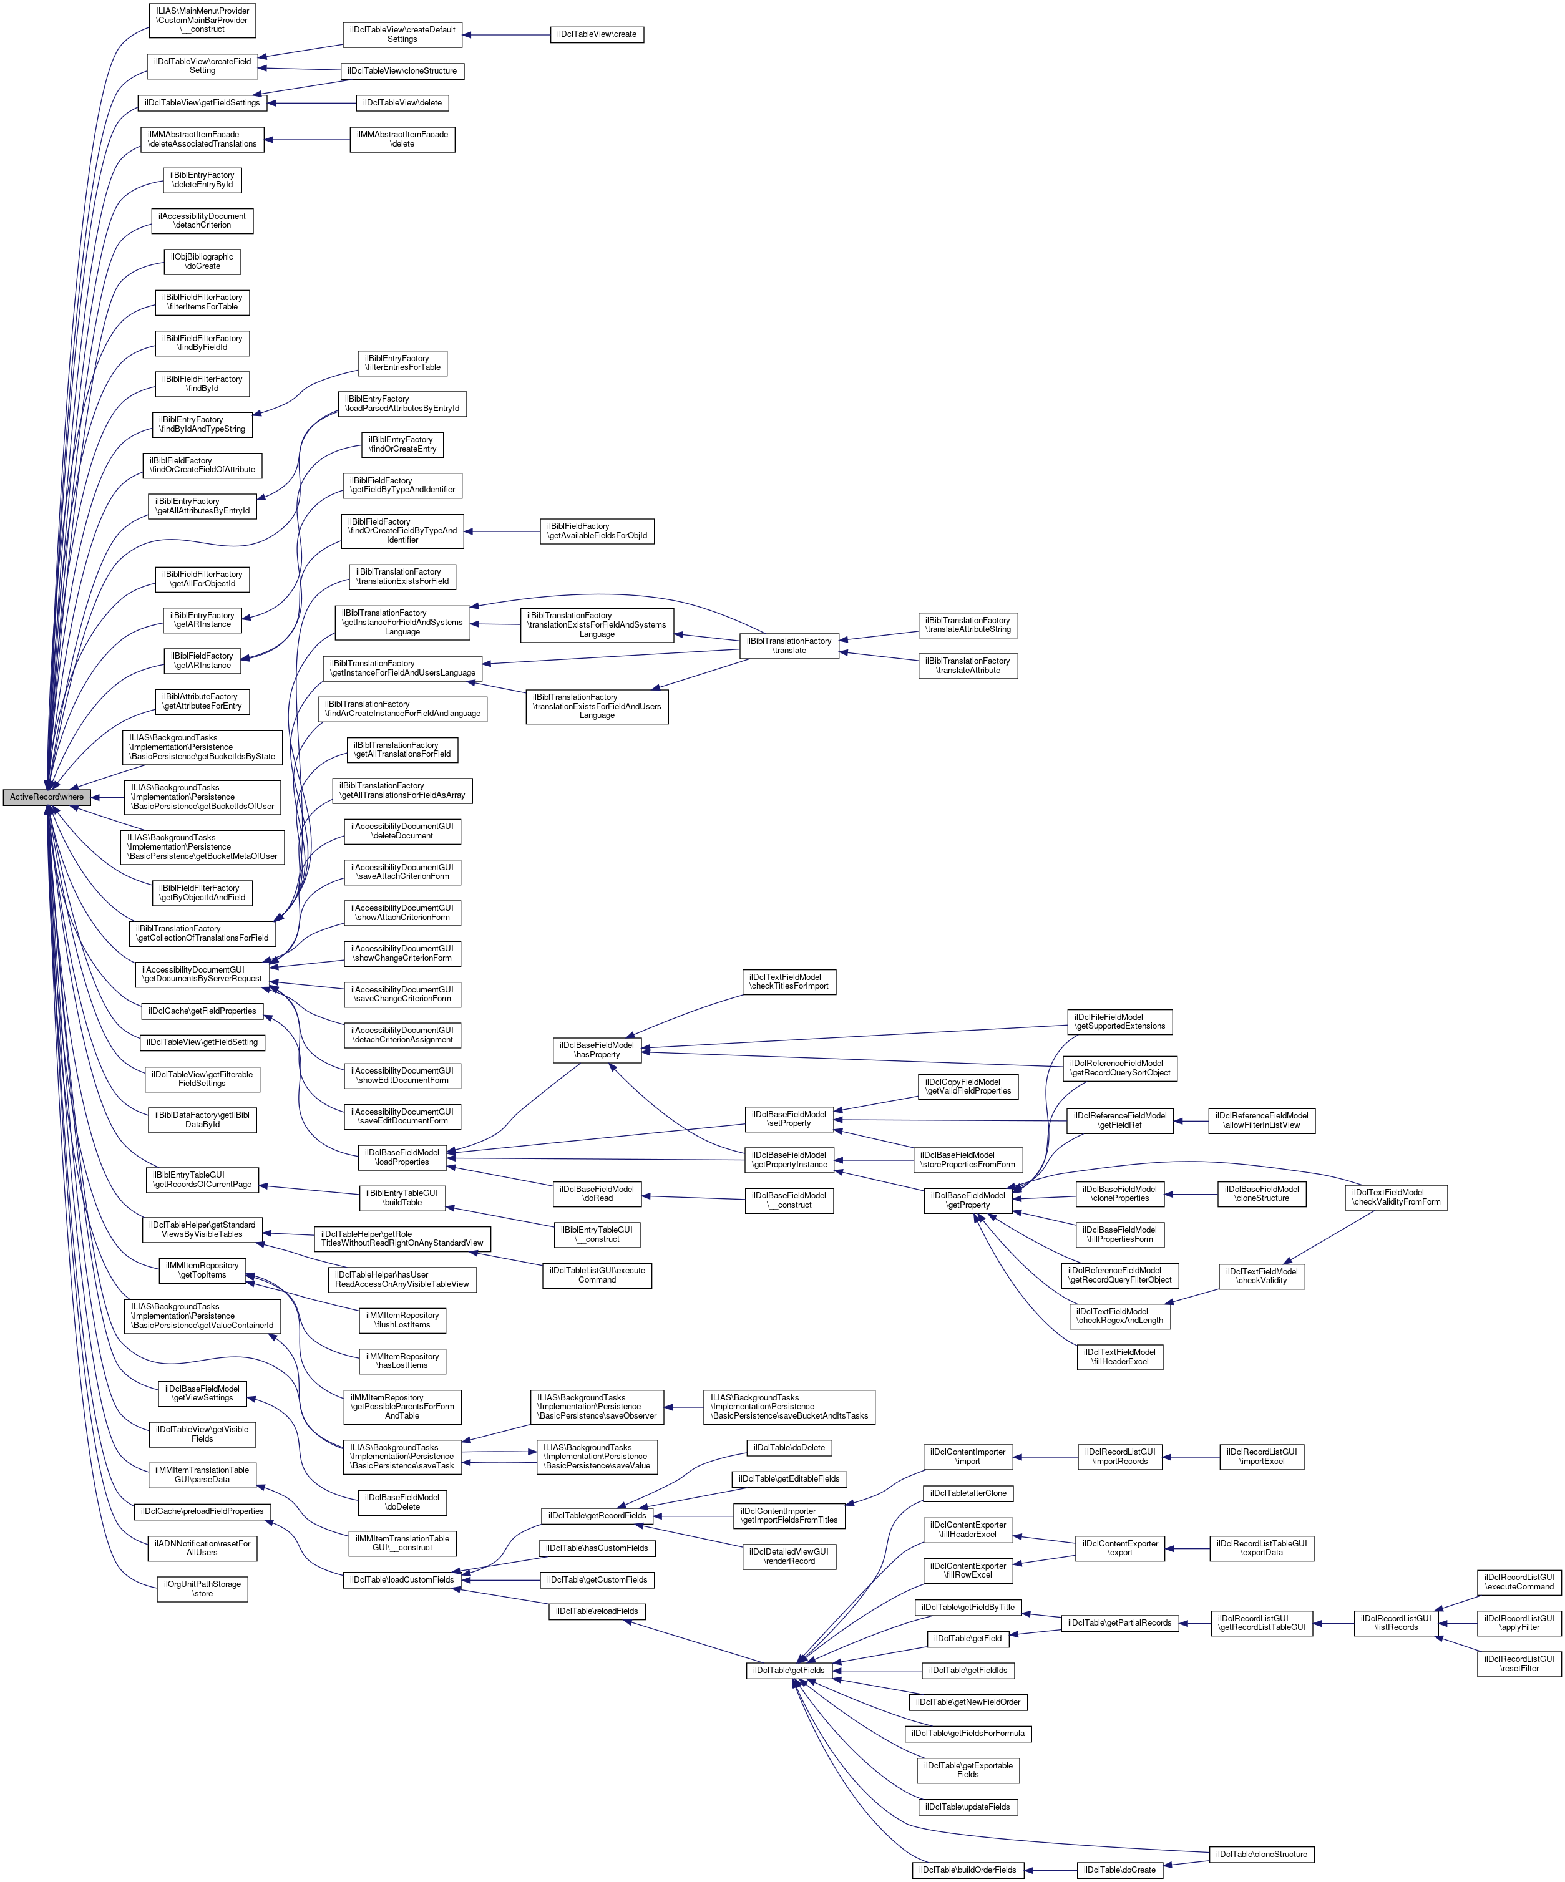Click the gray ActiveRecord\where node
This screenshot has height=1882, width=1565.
[x=47, y=797]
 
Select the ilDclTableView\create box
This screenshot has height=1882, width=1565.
[x=596, y=34]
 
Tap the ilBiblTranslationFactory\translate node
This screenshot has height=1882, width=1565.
[x=789, y=645]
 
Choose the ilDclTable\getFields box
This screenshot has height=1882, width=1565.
[x=789, y=1671]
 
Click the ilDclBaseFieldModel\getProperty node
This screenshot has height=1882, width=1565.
[x=968, y=1200]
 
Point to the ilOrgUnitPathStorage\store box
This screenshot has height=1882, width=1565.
[x=203, y=1589]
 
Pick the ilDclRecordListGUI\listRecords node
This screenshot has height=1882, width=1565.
[x=1396, y=1622]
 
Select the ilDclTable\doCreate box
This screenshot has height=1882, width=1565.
[x=1119, y=1870]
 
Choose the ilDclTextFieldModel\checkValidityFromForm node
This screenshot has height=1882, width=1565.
[x=1397, y=1196]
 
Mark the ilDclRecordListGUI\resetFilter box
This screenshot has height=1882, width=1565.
[x=1519, y=1663]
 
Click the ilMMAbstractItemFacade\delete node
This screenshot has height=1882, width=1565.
[x=402, y=139]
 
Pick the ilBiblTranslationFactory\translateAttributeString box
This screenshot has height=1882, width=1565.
[x=968, y=624]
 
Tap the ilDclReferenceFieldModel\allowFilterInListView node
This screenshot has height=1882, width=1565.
[x=1261, y=1120]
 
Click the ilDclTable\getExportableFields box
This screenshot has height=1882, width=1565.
[x=968, y=1770]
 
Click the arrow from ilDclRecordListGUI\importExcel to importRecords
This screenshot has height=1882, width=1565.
[x=1192, y=1457]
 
